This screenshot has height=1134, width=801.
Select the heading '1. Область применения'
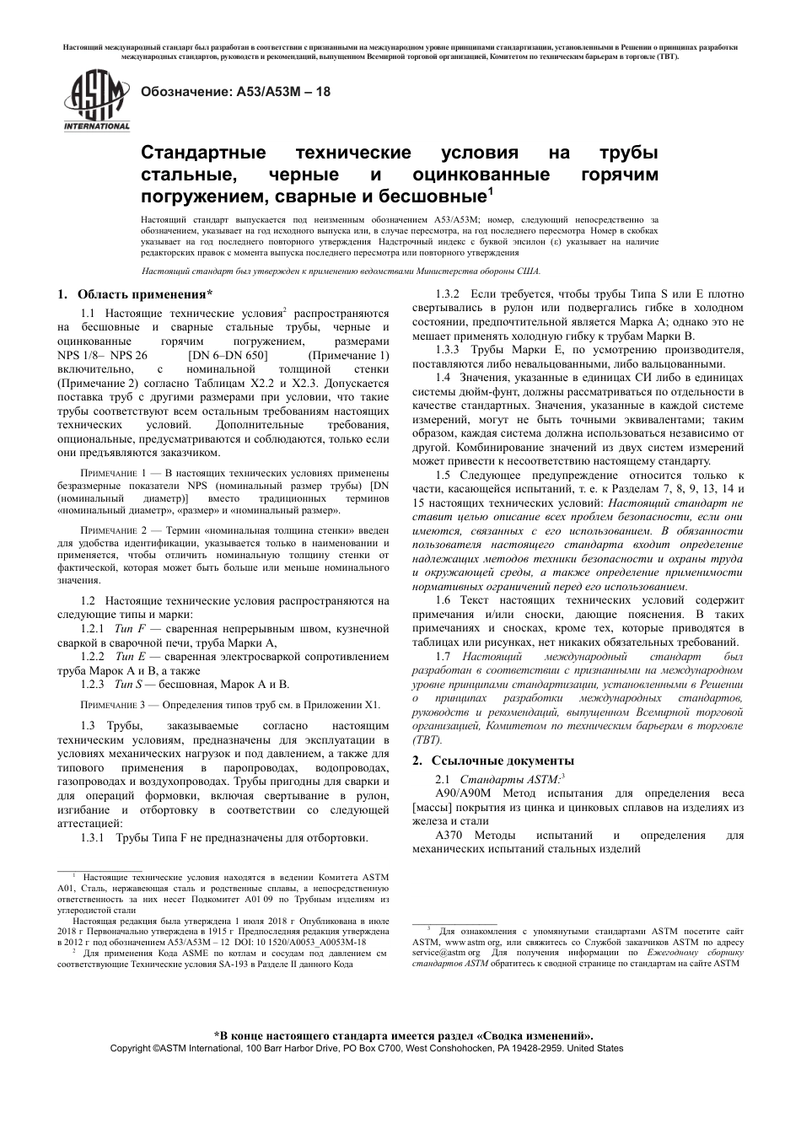pos(134,294)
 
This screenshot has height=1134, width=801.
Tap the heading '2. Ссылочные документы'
pos(492,760)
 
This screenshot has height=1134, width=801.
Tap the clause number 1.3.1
pos(92,838)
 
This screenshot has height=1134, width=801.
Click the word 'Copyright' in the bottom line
pos(131,1048)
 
